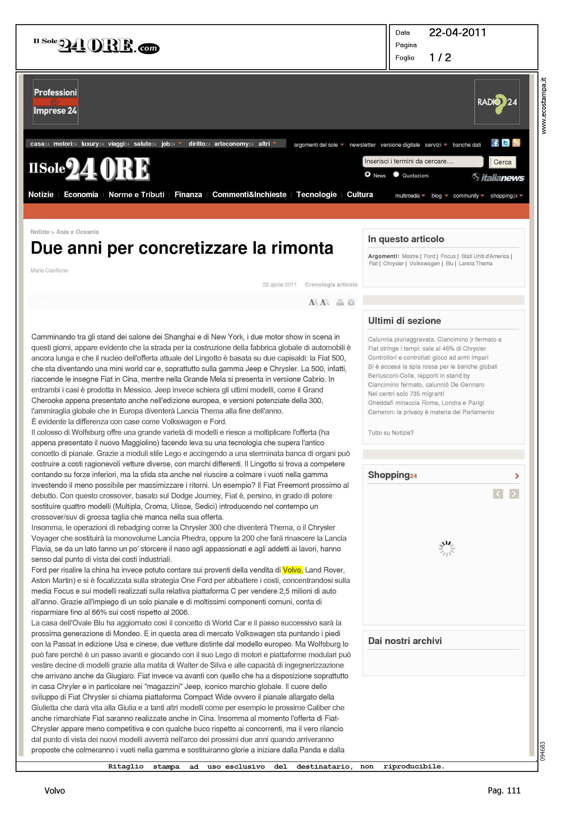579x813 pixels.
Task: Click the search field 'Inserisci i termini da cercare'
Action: click(422, 162)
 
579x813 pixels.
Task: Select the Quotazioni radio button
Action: click(396, 174)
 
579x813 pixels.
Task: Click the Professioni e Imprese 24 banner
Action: click(56, 102)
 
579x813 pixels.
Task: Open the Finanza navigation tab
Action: click(188, 194)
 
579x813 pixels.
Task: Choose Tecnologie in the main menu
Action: click(316, 194)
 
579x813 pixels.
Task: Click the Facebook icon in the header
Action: click(495, 143)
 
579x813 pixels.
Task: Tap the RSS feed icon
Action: click(516, 143)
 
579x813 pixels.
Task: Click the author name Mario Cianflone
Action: click(49, 270)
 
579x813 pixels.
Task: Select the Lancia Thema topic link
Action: click(475, 264)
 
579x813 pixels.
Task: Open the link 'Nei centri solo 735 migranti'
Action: click(406, 394)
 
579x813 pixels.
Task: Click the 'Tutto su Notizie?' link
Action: click(391, 433)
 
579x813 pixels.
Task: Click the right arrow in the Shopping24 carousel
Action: click(514, 494)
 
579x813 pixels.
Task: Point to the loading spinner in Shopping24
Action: click(446, 549)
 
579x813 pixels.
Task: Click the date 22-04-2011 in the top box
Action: click(457, 33)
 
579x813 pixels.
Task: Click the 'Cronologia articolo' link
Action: click(331, 285)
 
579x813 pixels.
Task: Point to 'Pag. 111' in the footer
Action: click(504, 790)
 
